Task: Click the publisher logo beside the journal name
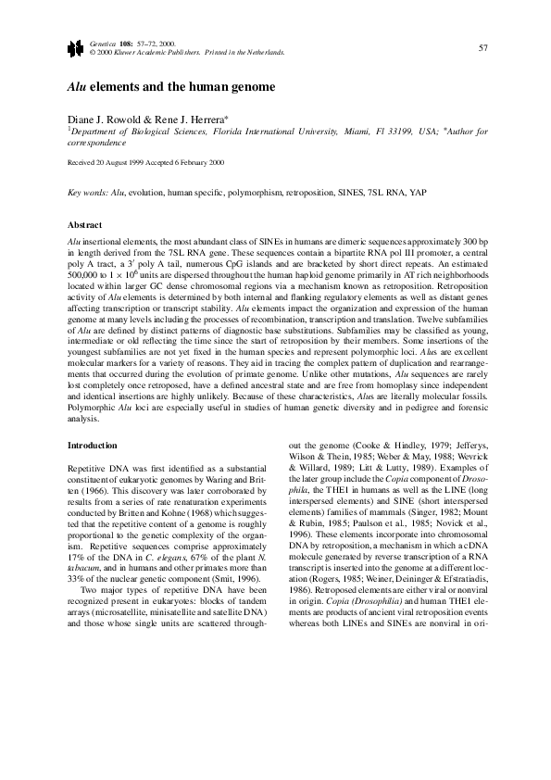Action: pos(73,48)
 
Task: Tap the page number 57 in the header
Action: pos(482,47)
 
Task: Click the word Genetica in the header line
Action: pos(105,44)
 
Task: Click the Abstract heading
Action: pos(85,225)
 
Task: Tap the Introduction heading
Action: pos(92,446)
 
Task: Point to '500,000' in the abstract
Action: pos(83,275)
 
